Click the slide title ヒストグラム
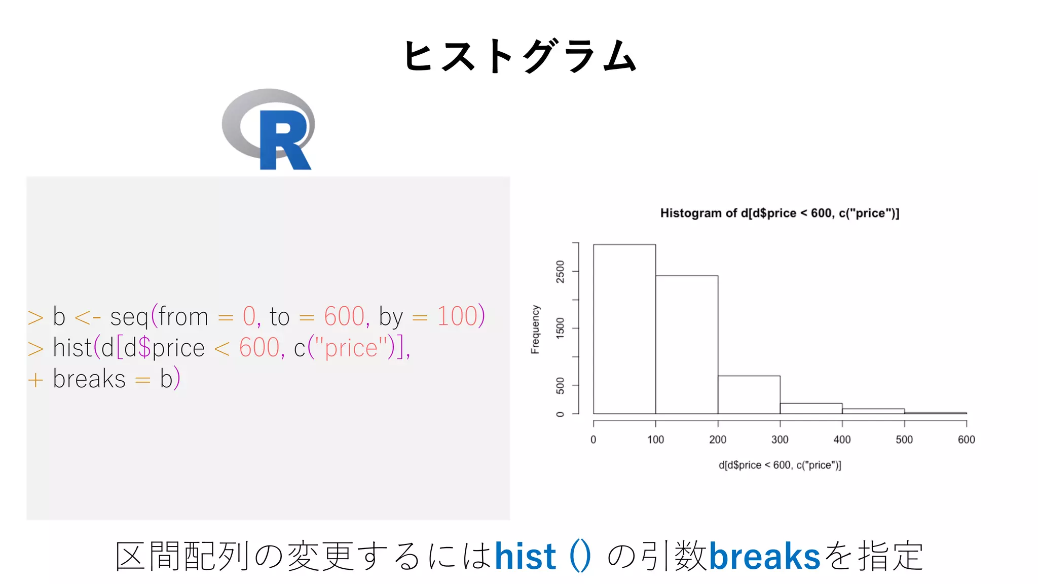click(520, 56)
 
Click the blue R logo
click(269, 129)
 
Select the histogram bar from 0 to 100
click(624, 330)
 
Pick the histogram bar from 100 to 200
click(687, 345)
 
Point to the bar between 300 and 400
click(811, 408)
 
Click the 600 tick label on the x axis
click(966, 440)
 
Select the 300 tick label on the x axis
click(780, 440)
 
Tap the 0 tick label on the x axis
click(593, 440)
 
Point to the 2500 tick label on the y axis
click(560, 272)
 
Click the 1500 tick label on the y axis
click(560, 328)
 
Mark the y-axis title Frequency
click(535, 330)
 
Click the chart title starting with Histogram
click(780, 213)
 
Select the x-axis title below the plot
click(780, 465)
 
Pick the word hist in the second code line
click(72, 348)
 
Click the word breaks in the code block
click(89, 379)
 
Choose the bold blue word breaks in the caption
click(764, 556)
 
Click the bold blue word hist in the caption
click(525, 556)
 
